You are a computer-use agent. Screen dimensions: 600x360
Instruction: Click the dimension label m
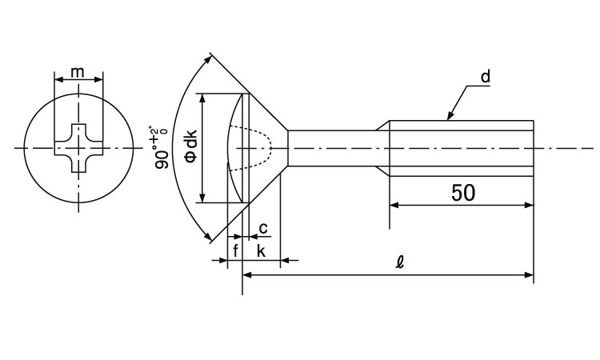coord(78,71)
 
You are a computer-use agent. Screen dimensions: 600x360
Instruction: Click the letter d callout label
coord(486,77)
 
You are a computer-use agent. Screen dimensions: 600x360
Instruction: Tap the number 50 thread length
coord(463,193)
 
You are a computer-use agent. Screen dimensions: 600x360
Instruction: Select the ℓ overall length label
coord(400,262)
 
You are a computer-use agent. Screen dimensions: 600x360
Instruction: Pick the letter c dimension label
coord(263,228)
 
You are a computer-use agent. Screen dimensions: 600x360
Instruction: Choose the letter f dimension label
coord(235,251)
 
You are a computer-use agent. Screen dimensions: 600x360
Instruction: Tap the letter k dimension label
coord(261,251)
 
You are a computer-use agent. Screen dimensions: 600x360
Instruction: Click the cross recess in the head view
coord(79,148)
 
